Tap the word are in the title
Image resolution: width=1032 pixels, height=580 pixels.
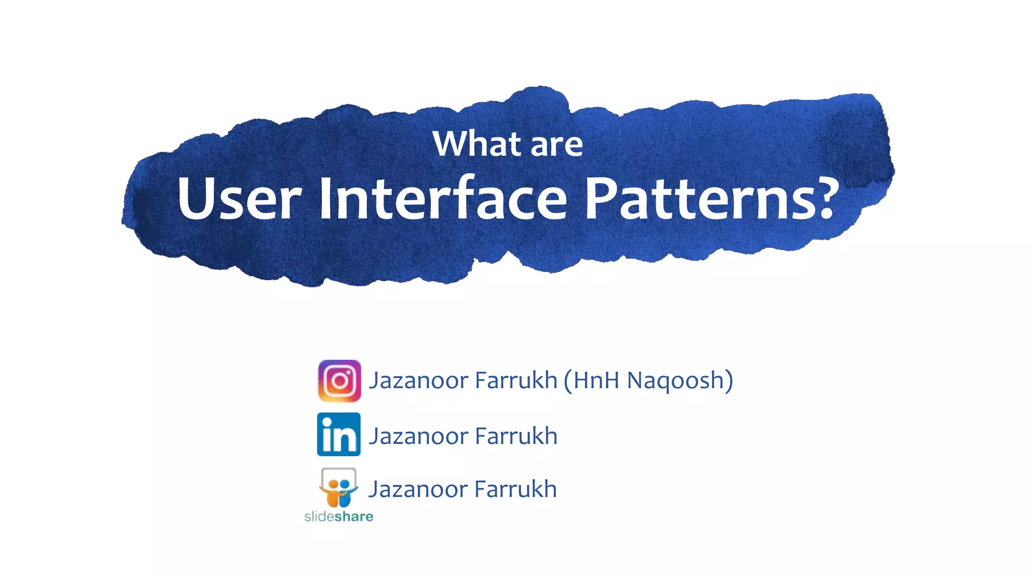(x=556, y=145)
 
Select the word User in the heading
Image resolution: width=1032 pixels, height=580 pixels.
(x=239, y=198)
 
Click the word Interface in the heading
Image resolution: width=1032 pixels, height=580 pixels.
(x=443, y=198)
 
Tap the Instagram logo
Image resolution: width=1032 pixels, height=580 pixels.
(x=339, y=381)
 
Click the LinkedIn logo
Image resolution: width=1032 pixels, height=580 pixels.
(x=339, y=434)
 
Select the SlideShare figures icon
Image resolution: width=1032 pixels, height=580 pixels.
(x=339, y=487)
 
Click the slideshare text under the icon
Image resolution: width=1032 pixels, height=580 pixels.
(x=339, y=517)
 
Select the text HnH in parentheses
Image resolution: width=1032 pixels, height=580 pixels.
(x=596, y=381)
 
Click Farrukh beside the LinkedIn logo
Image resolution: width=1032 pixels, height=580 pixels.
(x=516, y=436)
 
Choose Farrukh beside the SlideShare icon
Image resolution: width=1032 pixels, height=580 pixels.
(x=515, y=489)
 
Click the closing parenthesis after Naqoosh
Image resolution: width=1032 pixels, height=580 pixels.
(x=729, y=381)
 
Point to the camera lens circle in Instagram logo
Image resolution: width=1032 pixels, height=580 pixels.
(x=339, y=381)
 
